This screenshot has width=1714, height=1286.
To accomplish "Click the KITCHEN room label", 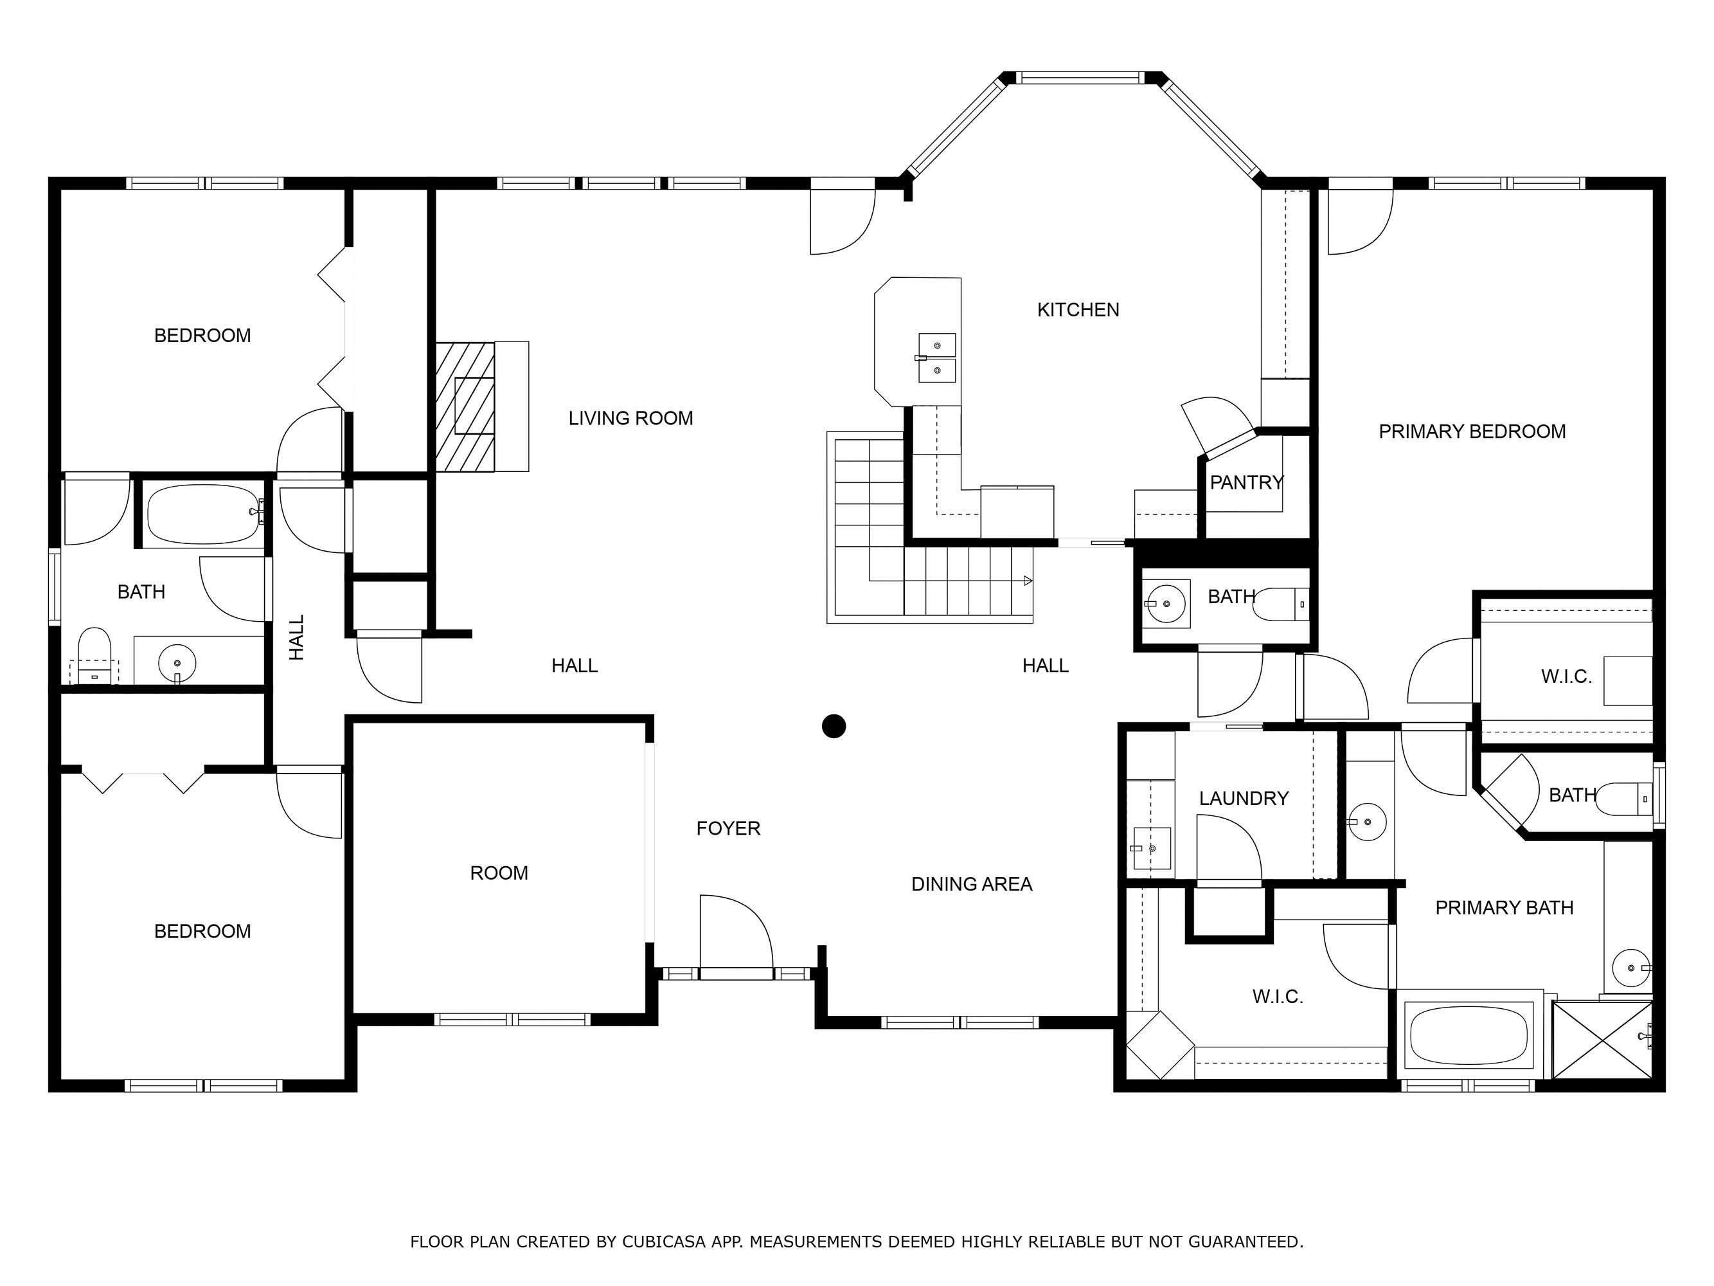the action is (x=1078, y=310).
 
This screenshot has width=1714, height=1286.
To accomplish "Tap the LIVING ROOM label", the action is (x=630, y=419).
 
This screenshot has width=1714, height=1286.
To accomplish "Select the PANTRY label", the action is (x=1247, y=483).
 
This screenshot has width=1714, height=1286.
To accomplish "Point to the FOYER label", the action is (x=728, y=829).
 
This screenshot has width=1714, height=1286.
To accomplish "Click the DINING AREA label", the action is (x=972, y=885).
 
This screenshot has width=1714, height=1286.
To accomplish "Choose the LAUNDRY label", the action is (x=1244, y=799).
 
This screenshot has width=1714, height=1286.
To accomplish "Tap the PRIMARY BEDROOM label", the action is (x=1472, y=431).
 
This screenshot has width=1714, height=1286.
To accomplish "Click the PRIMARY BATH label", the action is (x=1504, y=908).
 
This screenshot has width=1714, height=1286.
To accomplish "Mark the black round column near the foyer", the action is (x=834, y=727).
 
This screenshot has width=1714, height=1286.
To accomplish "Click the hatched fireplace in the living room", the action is (x=465, y=406).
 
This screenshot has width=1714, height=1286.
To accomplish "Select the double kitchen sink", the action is (x=937, y=358).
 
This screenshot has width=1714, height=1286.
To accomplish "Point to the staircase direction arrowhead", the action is (x=1028, y=581).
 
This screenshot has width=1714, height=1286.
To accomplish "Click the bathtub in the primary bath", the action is (x=1469, y=1035).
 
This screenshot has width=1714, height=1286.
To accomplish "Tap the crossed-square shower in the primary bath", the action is (x=1602, y=1040).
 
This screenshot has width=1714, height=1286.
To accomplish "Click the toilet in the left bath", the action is (x=94, y=656).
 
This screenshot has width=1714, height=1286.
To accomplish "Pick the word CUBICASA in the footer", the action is (x=664, y=1242).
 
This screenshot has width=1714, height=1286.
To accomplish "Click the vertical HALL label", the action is (x=297, y=637).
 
